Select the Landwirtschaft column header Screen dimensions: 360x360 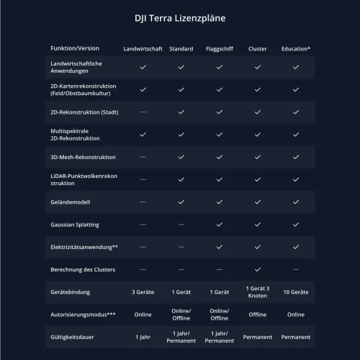(143, 49)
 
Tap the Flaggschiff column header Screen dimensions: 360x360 (219, 49)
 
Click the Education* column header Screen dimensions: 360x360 (295, 49)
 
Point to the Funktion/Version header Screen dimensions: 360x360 (75, 48)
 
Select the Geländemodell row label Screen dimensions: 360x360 (71, 202)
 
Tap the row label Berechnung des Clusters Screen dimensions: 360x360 (84, 269)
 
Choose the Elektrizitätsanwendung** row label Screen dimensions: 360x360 (85, 247)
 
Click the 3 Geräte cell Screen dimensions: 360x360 (143, 292)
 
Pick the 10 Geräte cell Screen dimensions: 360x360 (295, 292)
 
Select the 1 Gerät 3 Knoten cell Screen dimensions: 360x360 (257, 292)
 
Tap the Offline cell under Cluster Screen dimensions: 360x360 (257, 315)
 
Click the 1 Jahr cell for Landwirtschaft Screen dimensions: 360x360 (143, 337)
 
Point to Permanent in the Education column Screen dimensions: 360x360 (295, 337)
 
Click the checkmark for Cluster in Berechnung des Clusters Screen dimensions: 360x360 (257, 269)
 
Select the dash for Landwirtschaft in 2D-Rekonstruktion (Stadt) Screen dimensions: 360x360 (143, 112)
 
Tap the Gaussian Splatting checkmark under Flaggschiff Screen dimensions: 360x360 (219, 225)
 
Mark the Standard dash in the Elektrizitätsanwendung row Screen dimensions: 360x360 (181, 247)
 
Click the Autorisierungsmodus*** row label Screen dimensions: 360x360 (83, 315)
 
